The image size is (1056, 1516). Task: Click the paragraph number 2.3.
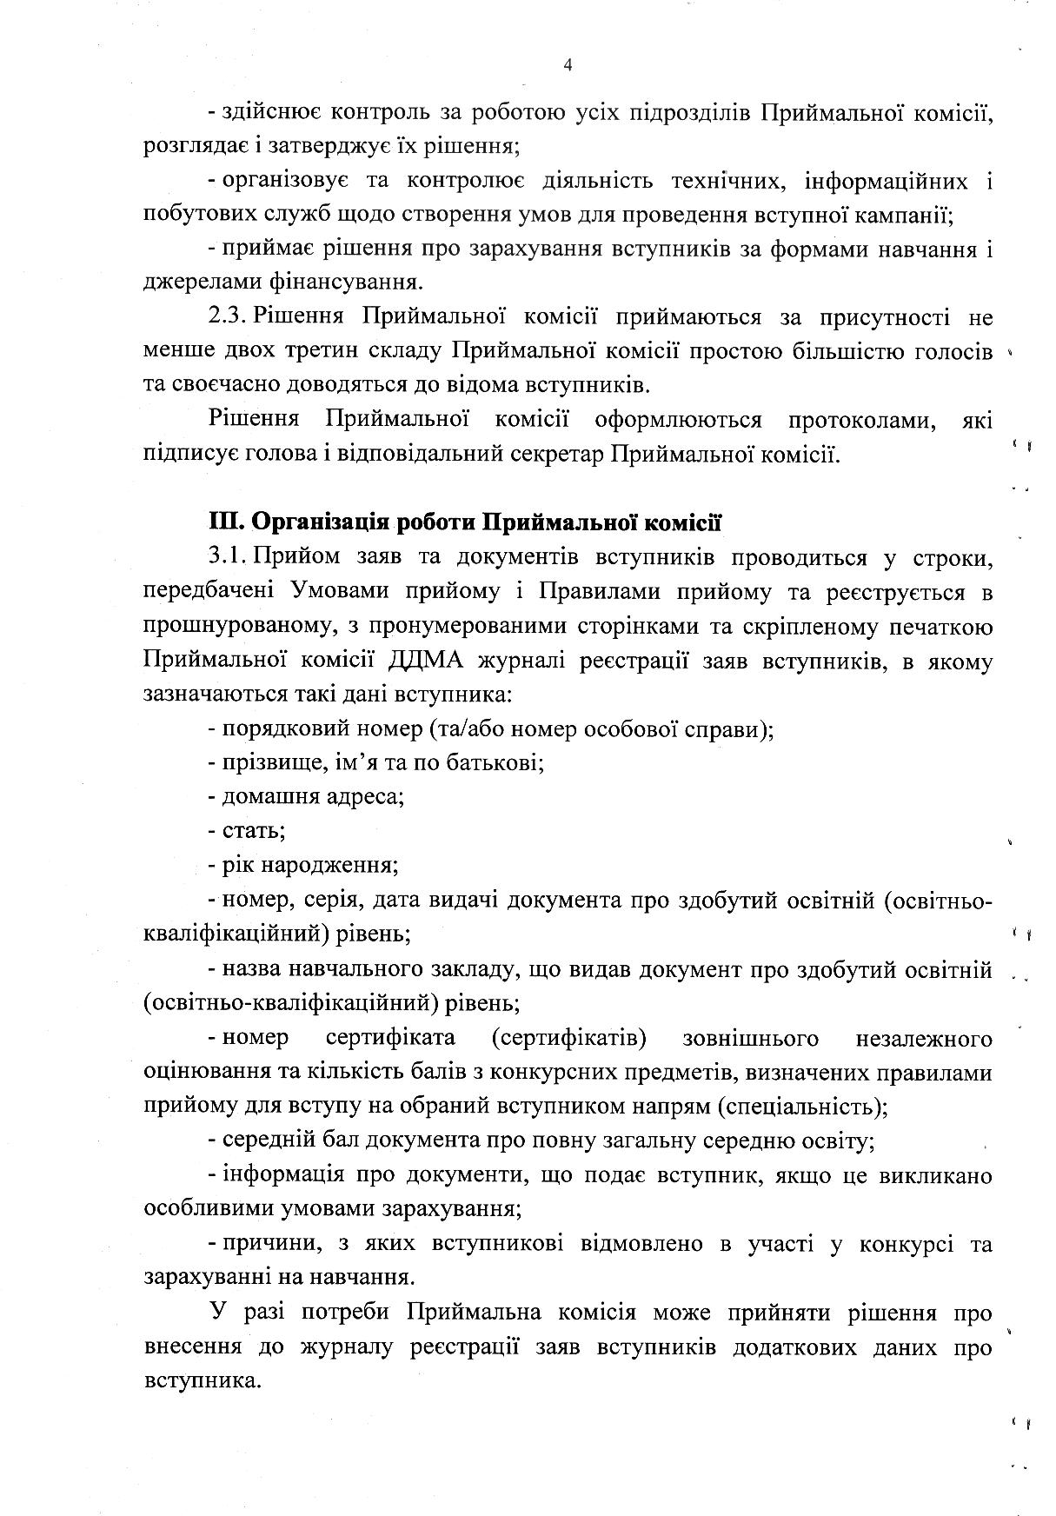228,317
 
